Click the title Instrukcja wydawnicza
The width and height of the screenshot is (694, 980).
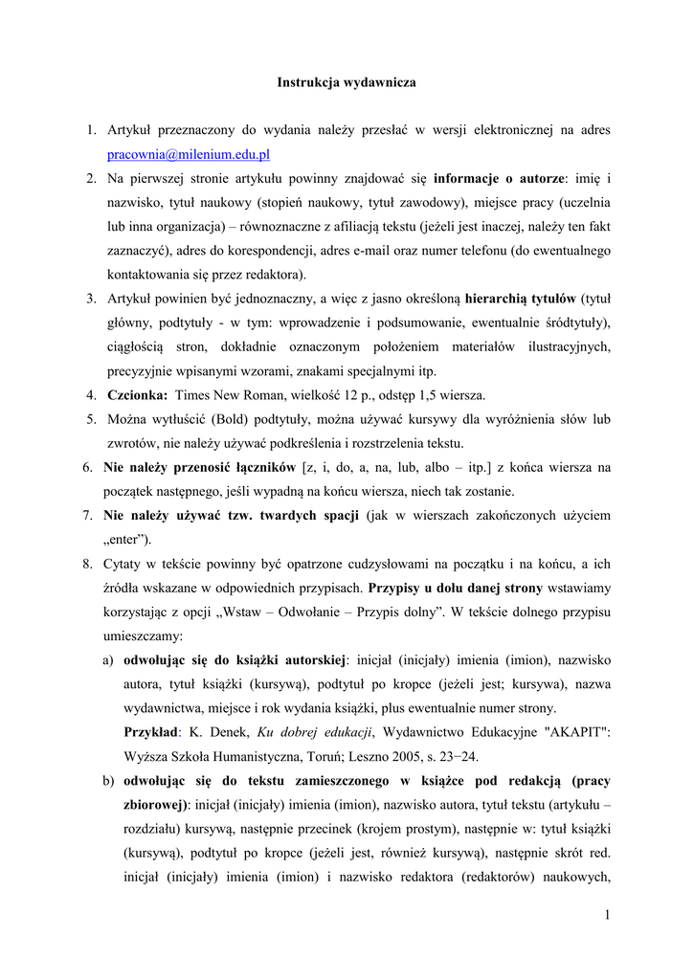[x=347, y=83]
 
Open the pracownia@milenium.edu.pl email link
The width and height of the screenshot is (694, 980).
[x=189, y=154]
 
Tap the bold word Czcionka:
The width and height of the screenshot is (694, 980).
[x=138, y=395]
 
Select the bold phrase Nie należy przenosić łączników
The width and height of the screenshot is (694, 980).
[x=200, y=467]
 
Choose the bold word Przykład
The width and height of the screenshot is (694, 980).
[x=150, y=732]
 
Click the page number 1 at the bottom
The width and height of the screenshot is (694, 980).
[x=607, y=916]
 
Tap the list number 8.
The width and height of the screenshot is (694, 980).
[x=88, y=564]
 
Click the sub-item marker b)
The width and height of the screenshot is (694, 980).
[x=109, y=780]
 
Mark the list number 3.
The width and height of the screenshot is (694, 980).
[x=91, y=299]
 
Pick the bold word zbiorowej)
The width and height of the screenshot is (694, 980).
[x=158, y=804]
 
